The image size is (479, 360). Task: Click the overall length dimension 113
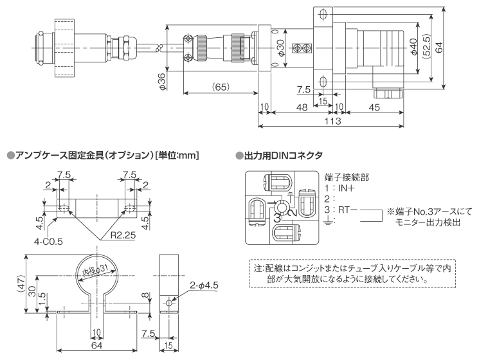pyautogui.click(x=332, y=120)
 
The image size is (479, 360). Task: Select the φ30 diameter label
pyautogui.click(x=280, y=49)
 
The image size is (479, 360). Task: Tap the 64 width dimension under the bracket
pyautogui.click(x=96, y=346)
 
